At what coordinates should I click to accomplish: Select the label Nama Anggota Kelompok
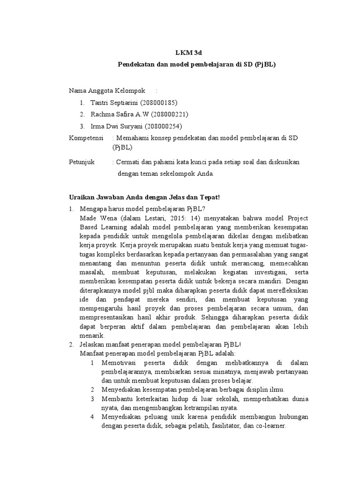107,90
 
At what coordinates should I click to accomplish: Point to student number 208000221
166,114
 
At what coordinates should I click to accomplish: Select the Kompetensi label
86,138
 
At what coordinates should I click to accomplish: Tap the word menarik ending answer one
93,336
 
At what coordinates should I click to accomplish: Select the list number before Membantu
92,399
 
